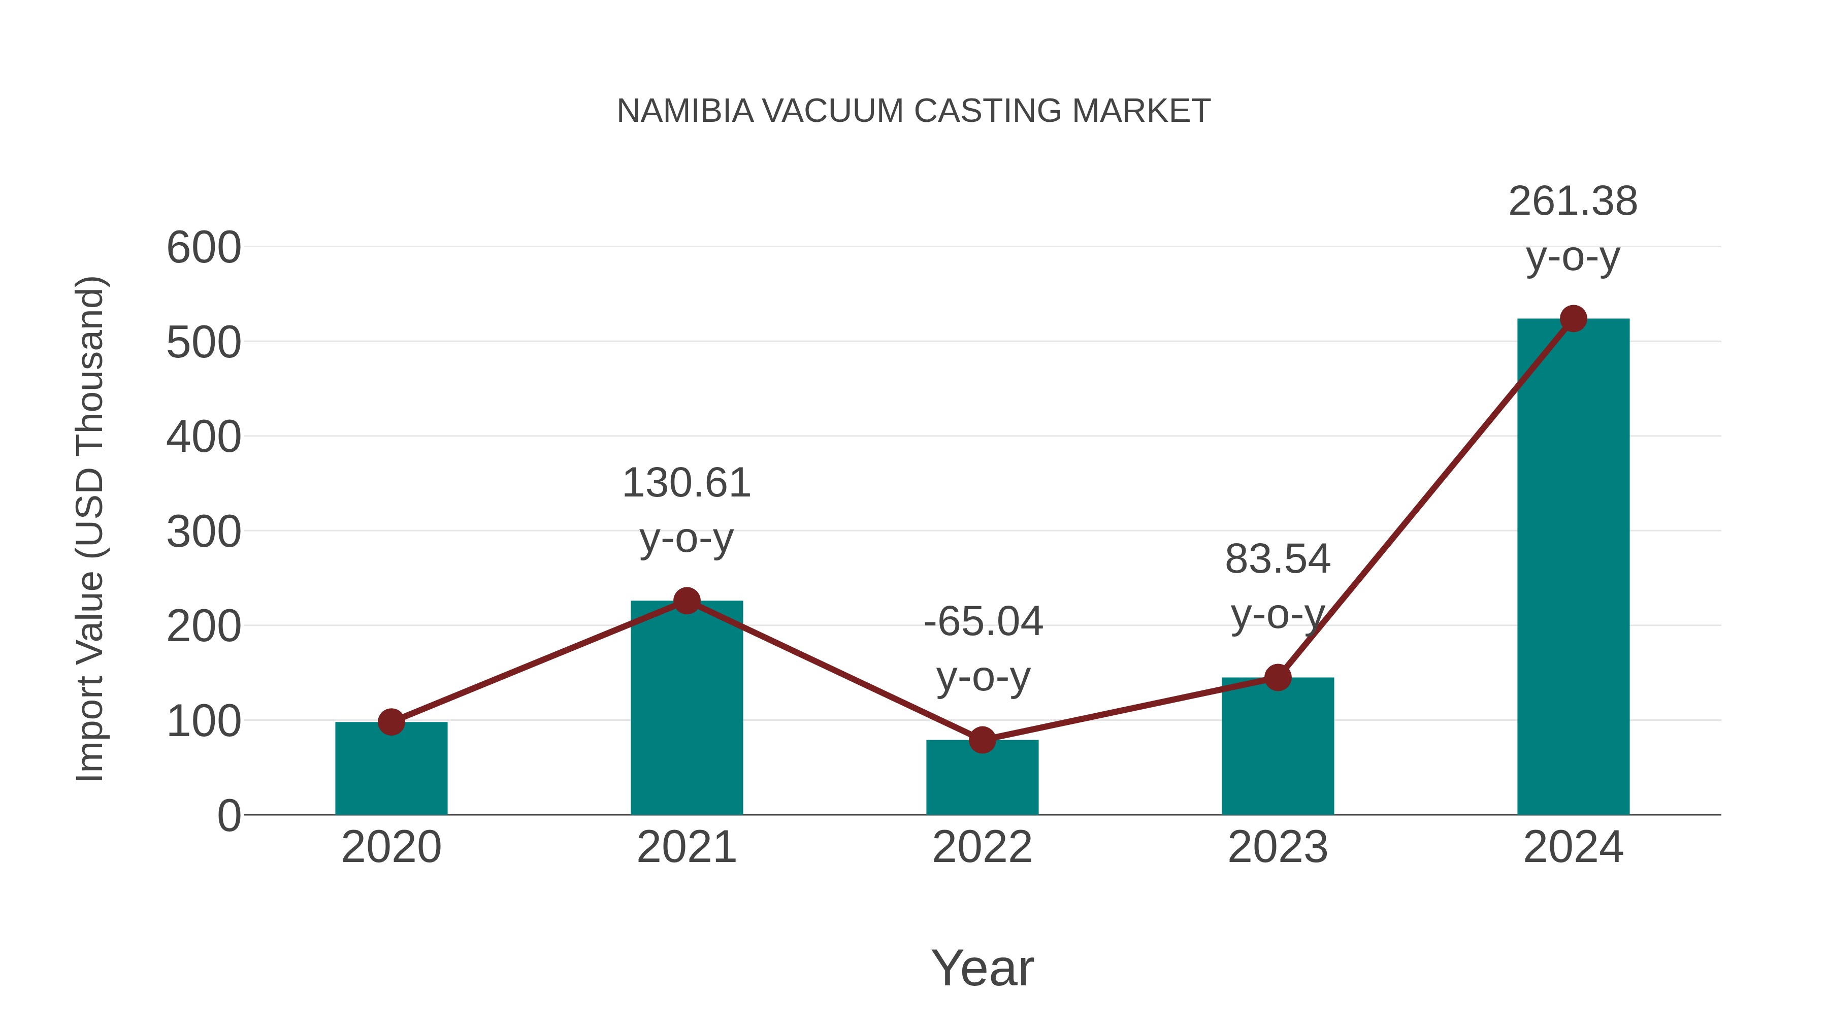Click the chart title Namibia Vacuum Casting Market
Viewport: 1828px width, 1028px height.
tap(913, 111)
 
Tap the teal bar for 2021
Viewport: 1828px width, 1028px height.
tap(686, 710)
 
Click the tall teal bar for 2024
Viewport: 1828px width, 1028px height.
tap(1573, 568)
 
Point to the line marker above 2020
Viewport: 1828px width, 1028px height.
tap(391, 722)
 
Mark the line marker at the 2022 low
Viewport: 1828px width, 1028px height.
tap(982, 740)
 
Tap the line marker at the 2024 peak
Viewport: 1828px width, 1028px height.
tap(1573, 318)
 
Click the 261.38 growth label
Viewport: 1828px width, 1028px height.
tap(1573, 202)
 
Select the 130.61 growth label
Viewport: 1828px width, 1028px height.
tap(686, 484)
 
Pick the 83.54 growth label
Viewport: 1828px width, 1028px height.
tap(1278, 560)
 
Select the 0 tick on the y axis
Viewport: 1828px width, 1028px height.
tap(228, 816)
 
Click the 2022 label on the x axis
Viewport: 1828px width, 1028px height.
tap(982, 848)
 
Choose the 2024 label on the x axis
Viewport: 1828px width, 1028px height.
tap(1573, 848)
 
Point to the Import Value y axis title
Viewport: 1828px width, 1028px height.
tap(91, 528)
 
